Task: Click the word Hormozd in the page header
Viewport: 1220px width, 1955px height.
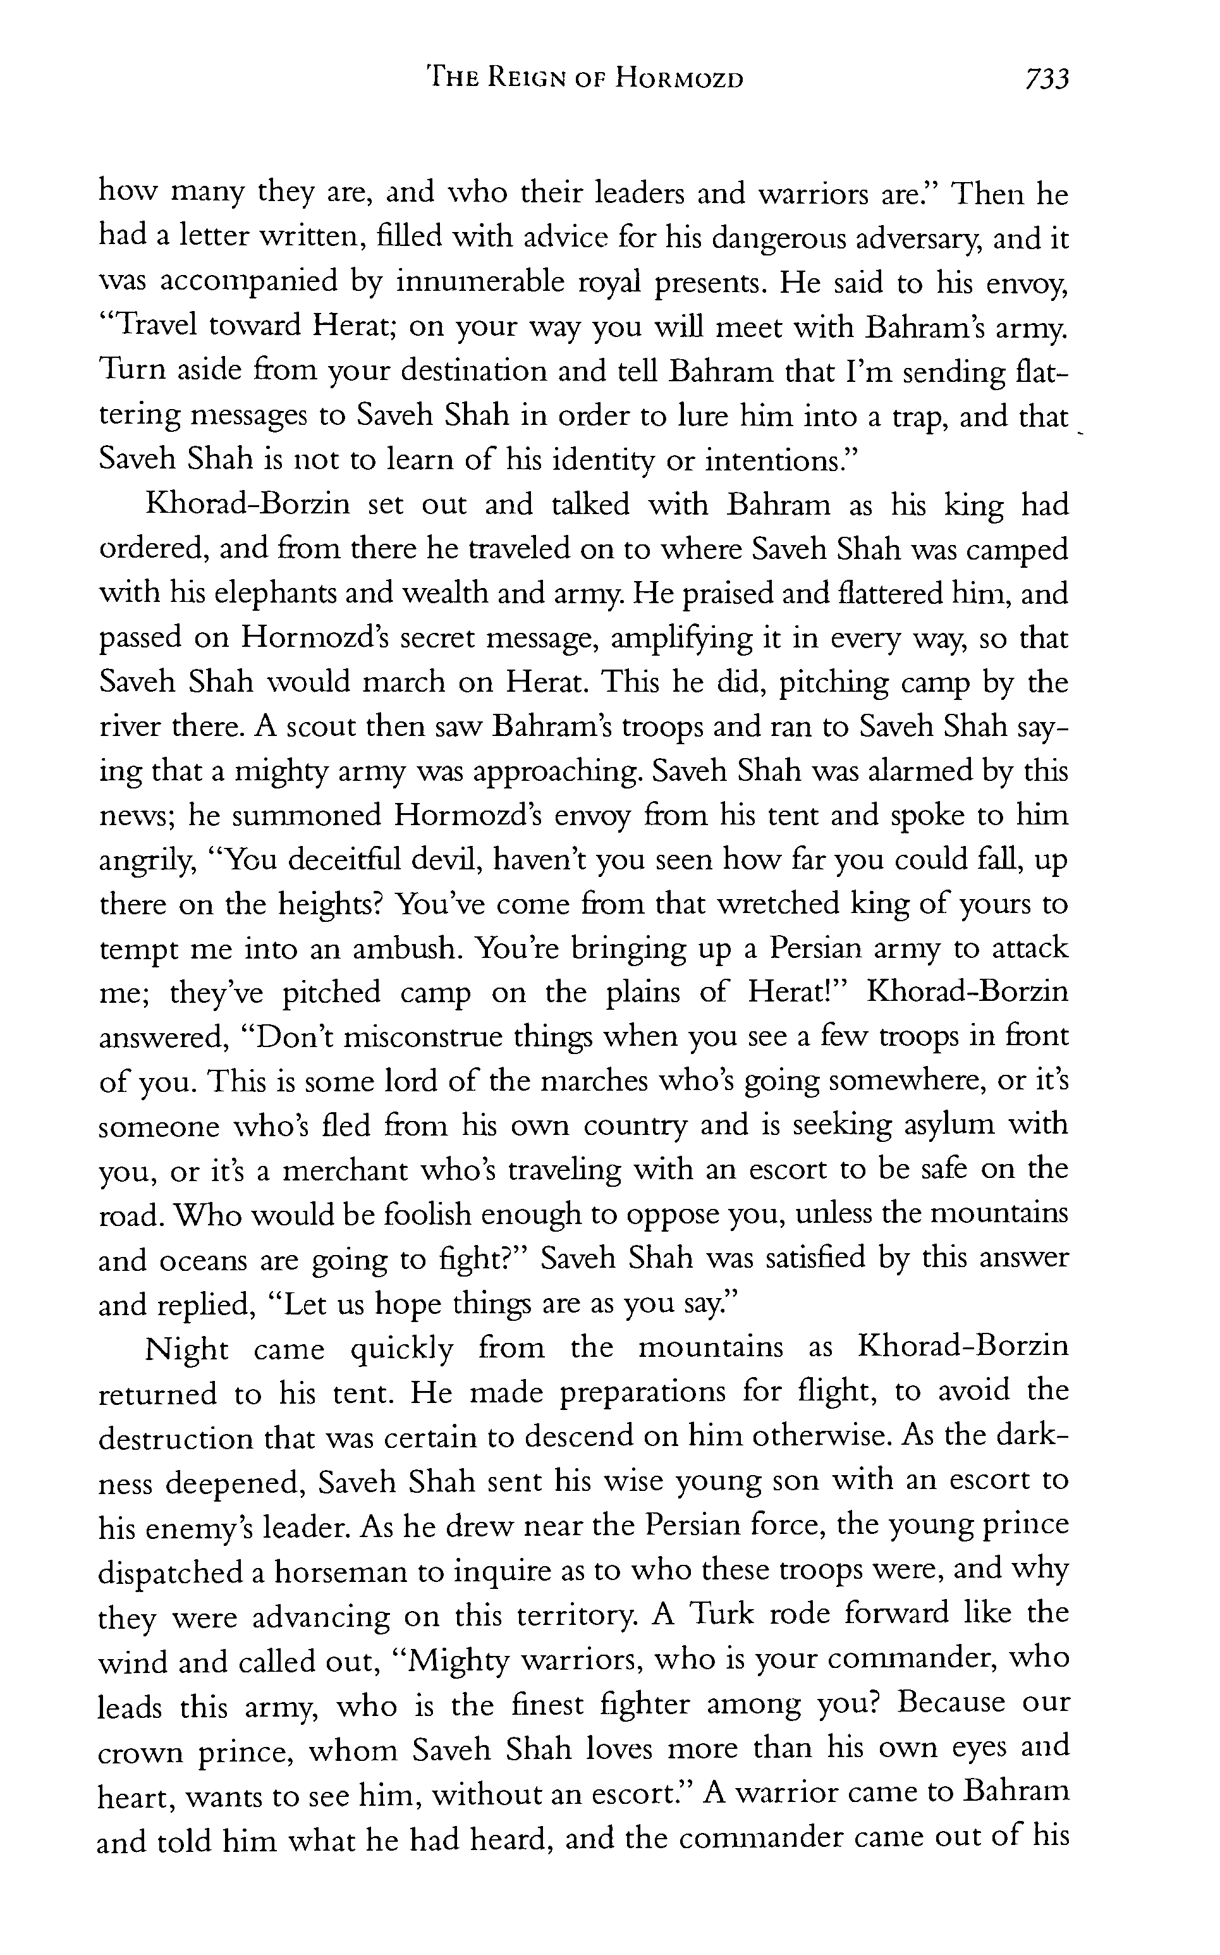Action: [680, 79]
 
